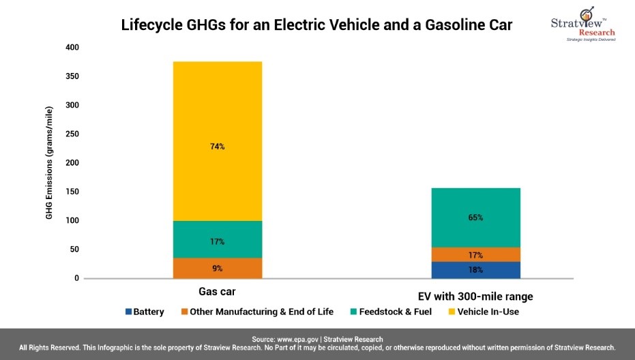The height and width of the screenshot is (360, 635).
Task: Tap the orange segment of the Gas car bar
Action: pyautogui.click(x=217, y=268)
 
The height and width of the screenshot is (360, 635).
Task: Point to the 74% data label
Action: pyautogui.click(x=217, y=147)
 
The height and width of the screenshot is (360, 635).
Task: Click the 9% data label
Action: pyautogui.click(x=217, y=269)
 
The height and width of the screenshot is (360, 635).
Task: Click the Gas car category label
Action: pyautogui.click(x=217, y=292)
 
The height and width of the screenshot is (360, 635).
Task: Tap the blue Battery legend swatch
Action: pyautogui.click(x=128, y=312)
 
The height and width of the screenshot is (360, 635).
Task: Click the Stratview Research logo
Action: pyautogui.click(x=582, y=25)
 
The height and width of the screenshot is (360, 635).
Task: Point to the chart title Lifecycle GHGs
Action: pyautogui.click(x=316, y=25)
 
